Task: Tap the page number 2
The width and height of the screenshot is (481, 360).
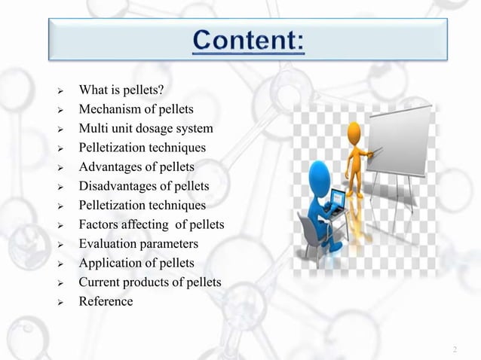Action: (x=455, y=350)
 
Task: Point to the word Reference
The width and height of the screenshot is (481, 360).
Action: (x=106, y=301)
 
